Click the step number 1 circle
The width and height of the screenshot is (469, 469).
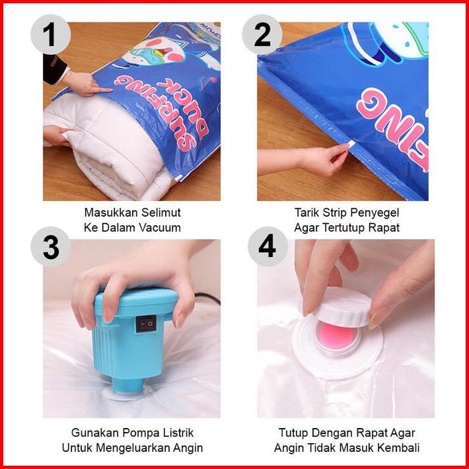(x=51, y=35)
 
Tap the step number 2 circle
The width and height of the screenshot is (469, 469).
(x=262, y=35)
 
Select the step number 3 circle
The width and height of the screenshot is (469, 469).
(x=51, y=246)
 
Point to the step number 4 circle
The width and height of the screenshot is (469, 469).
(x=267, y=246)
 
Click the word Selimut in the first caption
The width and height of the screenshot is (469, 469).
(x=161, y=213)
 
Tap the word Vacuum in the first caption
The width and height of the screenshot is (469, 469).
(x=159, y=228)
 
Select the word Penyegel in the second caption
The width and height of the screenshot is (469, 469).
(x=374, y=213)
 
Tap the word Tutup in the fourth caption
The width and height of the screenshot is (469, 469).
(x=292, y=433)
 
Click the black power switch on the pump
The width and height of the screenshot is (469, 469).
(x=146, y=324)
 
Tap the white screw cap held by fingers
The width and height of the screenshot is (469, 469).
(x=345, y=307)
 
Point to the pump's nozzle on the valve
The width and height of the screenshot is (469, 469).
(x=127, y=386)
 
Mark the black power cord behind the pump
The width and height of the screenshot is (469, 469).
(x=207, y=299)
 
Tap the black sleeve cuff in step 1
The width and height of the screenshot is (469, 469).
(x=54, y=69)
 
